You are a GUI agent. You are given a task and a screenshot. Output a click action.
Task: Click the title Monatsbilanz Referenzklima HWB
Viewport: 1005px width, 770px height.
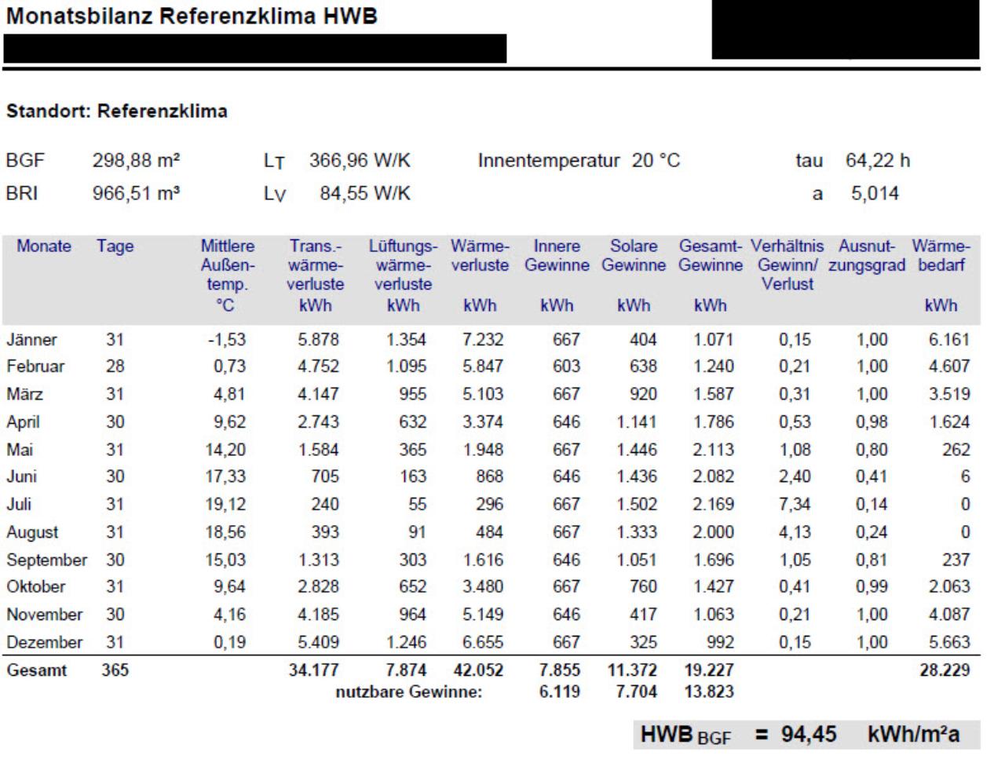coord(192,16)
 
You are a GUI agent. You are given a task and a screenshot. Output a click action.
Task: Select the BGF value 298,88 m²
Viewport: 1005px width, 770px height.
coord(136,160)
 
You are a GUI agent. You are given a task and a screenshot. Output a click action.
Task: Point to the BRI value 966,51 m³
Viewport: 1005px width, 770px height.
coord(136,193)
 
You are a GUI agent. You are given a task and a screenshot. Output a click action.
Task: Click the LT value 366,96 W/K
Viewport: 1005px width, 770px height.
coord(360,160)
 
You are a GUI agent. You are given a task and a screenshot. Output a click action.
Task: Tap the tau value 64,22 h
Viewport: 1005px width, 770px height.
coord(878,160)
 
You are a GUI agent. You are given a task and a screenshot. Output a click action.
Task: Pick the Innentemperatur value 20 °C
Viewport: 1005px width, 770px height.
coord(656,160)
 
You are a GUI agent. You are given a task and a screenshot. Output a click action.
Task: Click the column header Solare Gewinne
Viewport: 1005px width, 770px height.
coord(634,255)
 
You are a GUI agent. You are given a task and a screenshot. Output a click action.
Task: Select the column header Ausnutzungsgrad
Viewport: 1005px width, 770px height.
coord(867,255)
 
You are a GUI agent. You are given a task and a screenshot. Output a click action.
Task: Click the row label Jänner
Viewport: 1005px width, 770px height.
coord(31,340)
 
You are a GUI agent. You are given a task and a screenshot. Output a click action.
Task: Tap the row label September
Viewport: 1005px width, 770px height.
coord(46,560)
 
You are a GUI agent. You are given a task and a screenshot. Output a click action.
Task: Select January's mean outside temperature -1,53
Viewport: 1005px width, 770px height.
coord(227,340)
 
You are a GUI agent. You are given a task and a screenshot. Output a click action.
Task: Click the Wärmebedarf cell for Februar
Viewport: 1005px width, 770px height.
coord(949,367)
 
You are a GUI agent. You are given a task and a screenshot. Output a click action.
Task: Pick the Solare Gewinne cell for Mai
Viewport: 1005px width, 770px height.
coord(637,450)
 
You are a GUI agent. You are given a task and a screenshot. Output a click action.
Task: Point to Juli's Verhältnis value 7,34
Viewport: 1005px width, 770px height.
coord(795,504)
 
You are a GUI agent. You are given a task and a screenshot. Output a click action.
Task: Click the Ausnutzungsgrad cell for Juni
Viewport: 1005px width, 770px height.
coord(872,476)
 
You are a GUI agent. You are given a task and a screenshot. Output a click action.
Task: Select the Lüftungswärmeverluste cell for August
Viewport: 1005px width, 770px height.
coord(417,532)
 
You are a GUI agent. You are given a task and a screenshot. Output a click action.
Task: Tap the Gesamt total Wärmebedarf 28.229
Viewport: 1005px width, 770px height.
coord(945,670)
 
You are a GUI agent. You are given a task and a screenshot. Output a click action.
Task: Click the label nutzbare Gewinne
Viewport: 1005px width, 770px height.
coord(409,692)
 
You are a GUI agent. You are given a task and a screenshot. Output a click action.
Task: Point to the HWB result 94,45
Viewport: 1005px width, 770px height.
coord(809,735)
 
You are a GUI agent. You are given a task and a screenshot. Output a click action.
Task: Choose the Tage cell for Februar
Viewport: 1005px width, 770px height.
coord(115,367)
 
